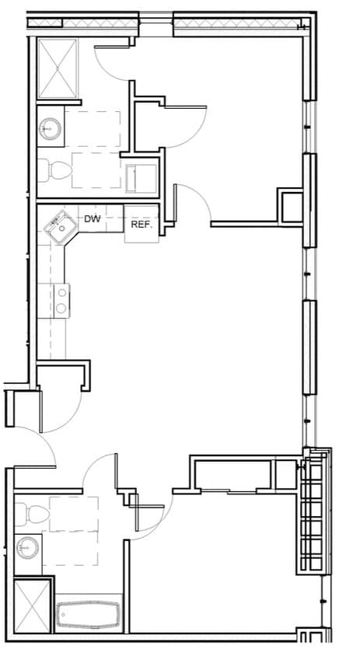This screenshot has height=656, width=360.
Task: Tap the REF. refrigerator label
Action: (x=141, y=225)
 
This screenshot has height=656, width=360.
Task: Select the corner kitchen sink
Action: (x=58, y=227)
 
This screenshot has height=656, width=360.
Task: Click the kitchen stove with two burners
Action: (x=61, y=299)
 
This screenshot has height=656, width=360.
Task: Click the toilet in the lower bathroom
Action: (x=27, y=514)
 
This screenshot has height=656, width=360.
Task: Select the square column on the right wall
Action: (x=292, y=206)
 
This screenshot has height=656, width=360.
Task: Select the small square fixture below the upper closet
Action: (x=142, y=176)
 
